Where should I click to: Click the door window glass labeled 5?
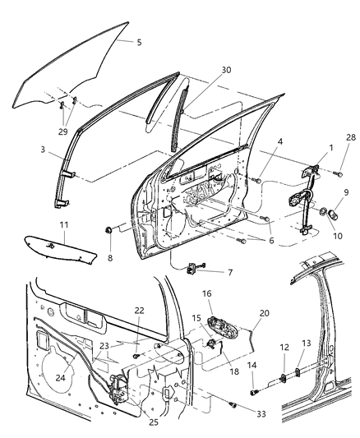pos(74,70)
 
